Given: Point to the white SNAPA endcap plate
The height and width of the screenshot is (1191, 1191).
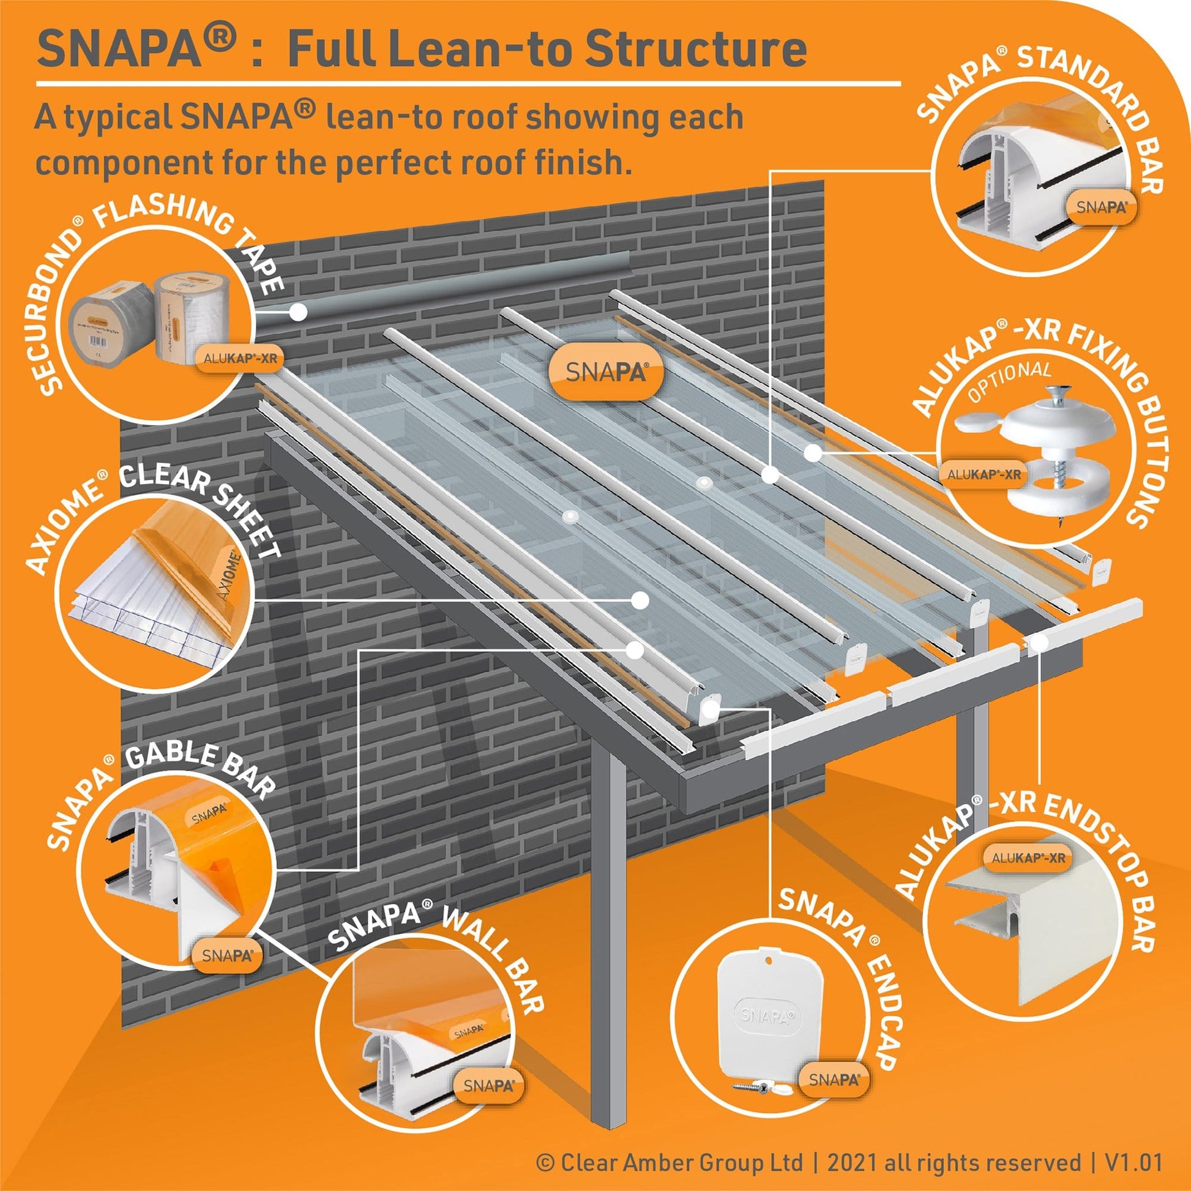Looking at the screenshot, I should pyautogui.click(x=769, y=1015).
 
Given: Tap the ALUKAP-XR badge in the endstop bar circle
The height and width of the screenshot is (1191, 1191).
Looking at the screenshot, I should pyautogui.click(x=1028, y=857).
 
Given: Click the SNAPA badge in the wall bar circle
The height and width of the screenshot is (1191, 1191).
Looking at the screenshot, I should pyautogui.click(x=488, y=1086).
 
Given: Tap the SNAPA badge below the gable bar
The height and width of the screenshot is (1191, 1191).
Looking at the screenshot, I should pyautogui.click(x=227, y=955).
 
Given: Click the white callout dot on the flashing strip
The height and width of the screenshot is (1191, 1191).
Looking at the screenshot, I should pyautogui.click(x=299, y=313).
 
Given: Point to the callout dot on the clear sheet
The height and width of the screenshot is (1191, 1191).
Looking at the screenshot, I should pyautogui.click(x=640, y=600).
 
